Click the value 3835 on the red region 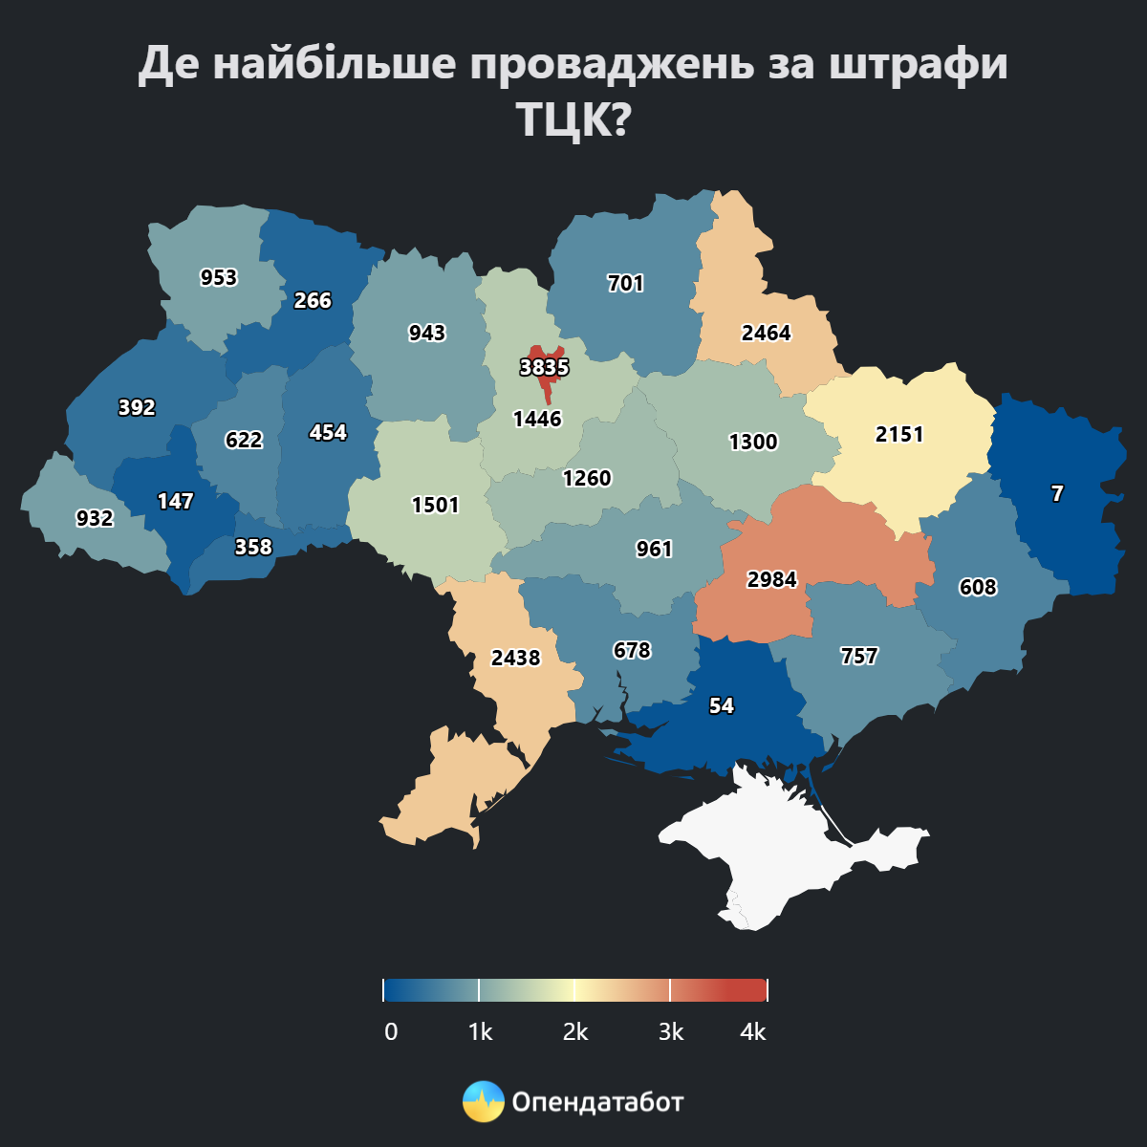coord(544,368)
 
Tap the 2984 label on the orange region coord(771,580)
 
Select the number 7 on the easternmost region coord(1057,494)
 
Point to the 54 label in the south coord(722,706)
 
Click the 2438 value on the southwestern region coord(515,659)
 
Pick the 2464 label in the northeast coord(766,334)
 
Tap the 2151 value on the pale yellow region coord(899,435)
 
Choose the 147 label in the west coord(175,502)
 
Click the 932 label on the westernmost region coord(95,519)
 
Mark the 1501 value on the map coord(436,506)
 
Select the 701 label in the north coord(626,284)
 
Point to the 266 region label coord(313,301)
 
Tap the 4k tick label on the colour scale coord(753,1032)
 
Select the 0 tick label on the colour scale coord(390,1032)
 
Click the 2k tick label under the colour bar coord(575,1032)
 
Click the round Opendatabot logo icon coord(483,1102)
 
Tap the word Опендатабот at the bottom coord(598,1102)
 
